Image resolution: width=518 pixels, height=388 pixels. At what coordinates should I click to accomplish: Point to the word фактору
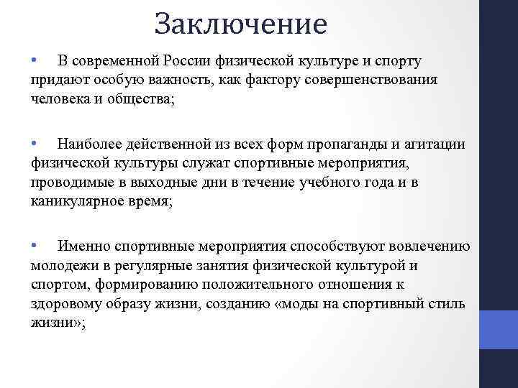pos(272,80)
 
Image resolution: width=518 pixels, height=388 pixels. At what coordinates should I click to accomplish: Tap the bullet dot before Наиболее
pos(34,144)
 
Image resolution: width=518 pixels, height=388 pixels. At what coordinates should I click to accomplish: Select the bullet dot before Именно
pos(34,246)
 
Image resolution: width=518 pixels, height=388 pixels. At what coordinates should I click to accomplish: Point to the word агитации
pos(434,144)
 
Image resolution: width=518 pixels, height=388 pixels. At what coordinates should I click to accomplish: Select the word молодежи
pos(63,266)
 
